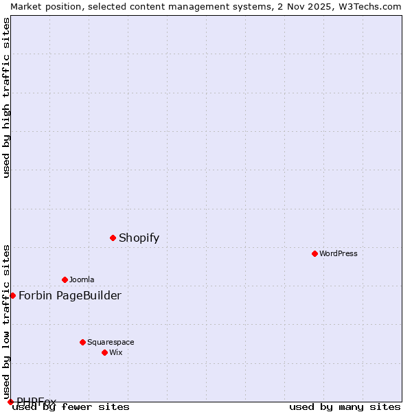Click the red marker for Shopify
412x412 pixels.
113,238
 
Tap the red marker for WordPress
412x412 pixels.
314,253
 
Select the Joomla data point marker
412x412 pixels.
65,279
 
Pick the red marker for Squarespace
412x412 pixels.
82,342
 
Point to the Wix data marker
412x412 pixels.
104,352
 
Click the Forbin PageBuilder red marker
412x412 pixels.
12,295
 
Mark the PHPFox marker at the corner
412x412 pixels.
10,402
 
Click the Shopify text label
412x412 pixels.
139,238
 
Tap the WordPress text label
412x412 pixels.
339,254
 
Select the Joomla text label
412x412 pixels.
82,280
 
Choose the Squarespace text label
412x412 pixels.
111,343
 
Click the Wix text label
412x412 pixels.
116,353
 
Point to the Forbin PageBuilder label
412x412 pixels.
69,296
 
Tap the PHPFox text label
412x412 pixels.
36,402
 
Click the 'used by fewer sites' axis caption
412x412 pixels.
71,407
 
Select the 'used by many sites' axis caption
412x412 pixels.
345,407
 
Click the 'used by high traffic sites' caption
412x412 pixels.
7,98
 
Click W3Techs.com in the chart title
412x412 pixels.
368,6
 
